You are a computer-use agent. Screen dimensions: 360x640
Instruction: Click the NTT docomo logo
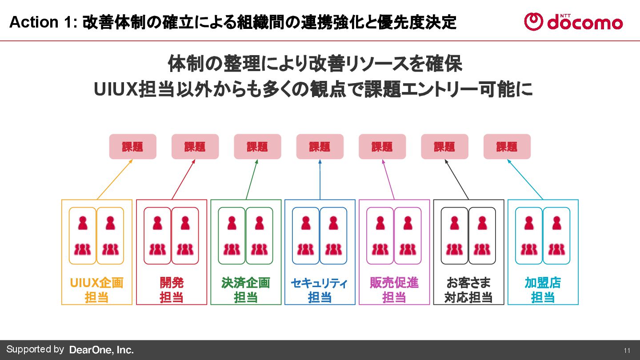click(x=573, y=21)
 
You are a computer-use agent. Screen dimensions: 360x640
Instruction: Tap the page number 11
click(x=627, y=350)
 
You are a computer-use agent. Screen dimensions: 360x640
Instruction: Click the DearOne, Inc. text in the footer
click(x=101, y=350)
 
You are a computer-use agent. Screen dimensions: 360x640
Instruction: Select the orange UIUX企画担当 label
click(x=97, y=290)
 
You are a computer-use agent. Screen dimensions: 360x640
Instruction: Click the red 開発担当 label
click(x=172, y=290)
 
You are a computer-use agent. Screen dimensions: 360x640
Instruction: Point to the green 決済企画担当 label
click(x=246, y=290)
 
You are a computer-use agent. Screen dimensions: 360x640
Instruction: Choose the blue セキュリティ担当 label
click(x=320, y=290)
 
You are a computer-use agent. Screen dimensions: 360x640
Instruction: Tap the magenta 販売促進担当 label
click(x=394, y=290)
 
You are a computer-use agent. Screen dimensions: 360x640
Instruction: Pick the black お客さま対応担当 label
click(x=468, y=290)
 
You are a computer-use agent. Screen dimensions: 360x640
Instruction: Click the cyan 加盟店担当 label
click(x=543, y=290)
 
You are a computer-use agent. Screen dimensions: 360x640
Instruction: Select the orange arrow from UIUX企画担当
click(x=115, y=179)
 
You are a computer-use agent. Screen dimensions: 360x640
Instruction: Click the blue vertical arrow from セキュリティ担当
click(x=320, y=179)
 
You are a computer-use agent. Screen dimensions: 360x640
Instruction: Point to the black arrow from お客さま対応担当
click(x=457, y=179)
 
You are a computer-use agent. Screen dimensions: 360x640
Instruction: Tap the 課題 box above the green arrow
click(x=257, y=147)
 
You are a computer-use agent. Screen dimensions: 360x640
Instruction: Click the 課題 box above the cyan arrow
click(x=507, y=147)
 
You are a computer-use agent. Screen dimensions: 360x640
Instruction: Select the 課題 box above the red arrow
click(x=195, y=147)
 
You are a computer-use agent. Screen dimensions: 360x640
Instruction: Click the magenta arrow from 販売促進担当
click(x=388, y=179)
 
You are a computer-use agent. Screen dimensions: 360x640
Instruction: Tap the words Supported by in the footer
click(x=35, y=349)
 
